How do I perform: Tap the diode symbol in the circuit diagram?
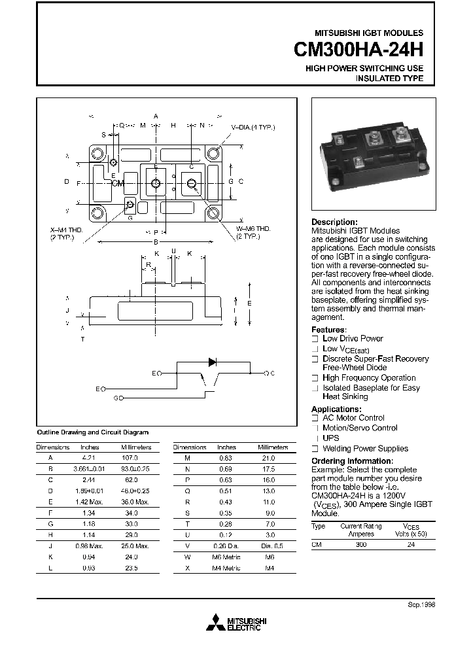[x=212, y=362]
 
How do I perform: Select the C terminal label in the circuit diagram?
[x=271, y=374]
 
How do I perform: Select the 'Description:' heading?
[x=334, y=222]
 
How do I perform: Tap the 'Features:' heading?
[x=329, y=330]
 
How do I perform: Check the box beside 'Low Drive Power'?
[x=315, y=339]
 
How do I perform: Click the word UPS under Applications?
[x=331, y=438]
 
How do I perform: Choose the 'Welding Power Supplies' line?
[x=365, y=449]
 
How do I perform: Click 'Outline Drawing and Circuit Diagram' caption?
[x=92, y=432]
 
